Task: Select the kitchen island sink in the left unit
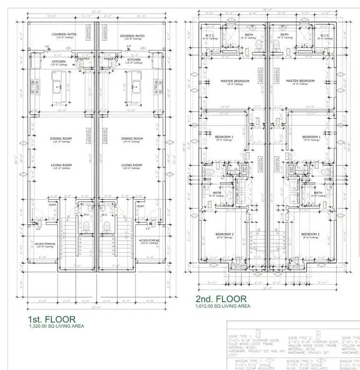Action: click(59, 85)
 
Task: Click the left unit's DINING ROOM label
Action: click(62, 139)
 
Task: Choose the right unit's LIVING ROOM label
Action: click(131, 164)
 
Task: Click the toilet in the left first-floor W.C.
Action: click(85, 227)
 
